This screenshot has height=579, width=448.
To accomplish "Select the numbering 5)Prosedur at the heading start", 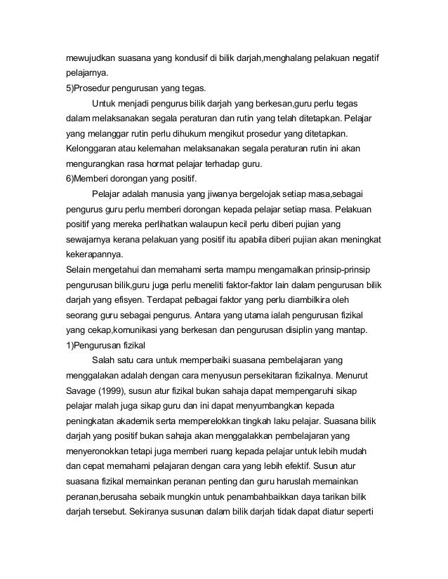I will tap(96, 89).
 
